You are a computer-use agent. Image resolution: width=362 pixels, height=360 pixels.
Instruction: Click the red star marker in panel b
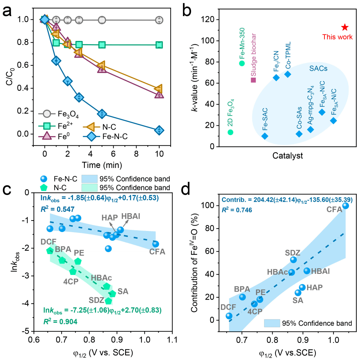(345, 27)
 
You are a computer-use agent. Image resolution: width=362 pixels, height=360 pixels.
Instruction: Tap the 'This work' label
(338, 37)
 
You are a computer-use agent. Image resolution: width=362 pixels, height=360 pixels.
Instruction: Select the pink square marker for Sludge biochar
(253, 80)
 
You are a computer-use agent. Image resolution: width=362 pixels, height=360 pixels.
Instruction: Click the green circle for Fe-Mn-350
(242, 63)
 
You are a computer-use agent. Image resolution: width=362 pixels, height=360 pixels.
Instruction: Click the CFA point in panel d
(346, 206)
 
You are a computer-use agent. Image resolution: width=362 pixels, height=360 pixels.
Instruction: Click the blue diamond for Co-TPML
(288, 74)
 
